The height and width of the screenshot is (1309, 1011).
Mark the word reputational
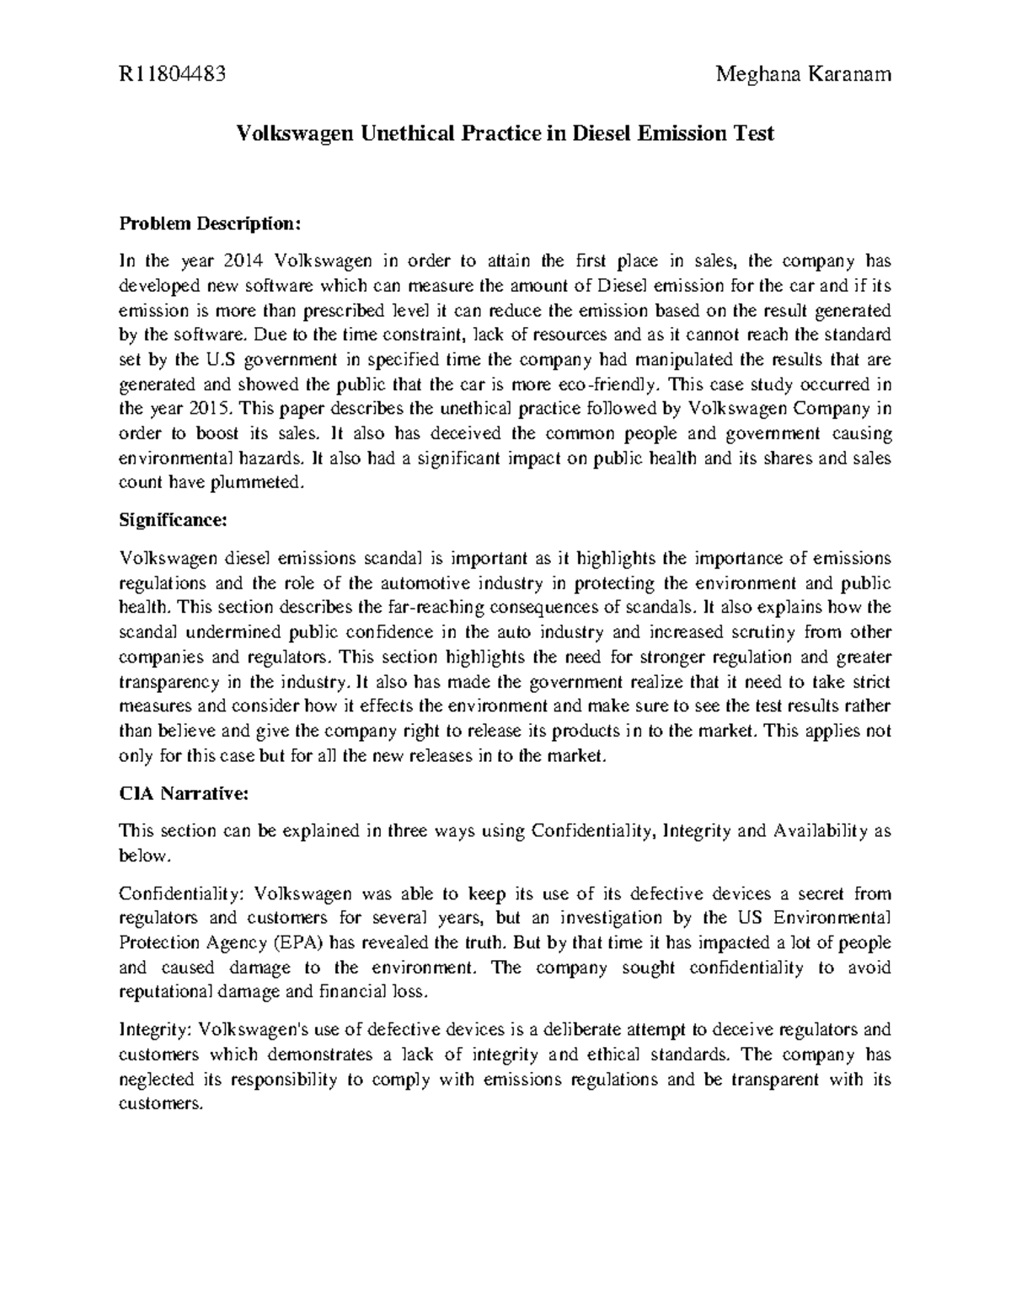(x=165, y=992)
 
